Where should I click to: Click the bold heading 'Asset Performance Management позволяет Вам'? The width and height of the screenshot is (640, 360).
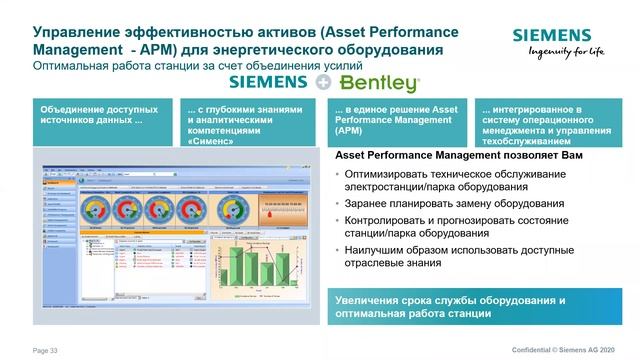[x=458, y=157]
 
